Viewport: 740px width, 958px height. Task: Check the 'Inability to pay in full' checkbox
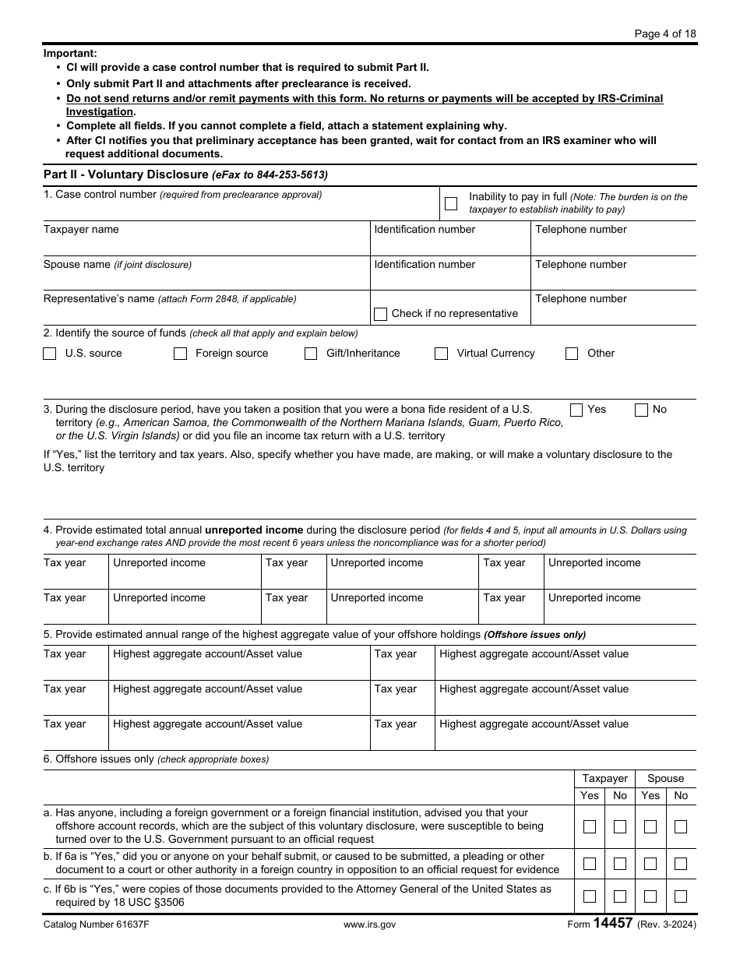[x=451, y=204]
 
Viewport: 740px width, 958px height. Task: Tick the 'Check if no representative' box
[x=380, y=314]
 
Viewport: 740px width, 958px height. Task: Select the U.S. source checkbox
[x=50, y=354]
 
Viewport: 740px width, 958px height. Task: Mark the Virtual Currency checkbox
[x=442, y=354]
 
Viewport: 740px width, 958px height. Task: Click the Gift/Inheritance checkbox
[x=311, y=354]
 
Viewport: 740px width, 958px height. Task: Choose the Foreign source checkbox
[x=180, y=354]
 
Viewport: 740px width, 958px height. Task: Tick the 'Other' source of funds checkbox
[x=572, y=354]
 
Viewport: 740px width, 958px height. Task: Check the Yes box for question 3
[x=576, y=410]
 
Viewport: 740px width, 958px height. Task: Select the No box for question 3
[x=641, y=410]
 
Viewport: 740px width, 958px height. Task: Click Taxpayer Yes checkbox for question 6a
[x=590, y=827]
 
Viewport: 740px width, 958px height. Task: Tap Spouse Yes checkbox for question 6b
[x=650, y=864]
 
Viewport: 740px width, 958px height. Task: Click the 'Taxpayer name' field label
[x=81, y=230]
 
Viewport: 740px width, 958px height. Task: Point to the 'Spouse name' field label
[x=77, y=265]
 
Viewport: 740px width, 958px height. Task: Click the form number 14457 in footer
[x=613, y=924]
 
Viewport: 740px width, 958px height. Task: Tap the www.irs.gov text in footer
[x=369, y=925]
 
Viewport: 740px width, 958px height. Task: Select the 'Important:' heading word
[x=70, y=53]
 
